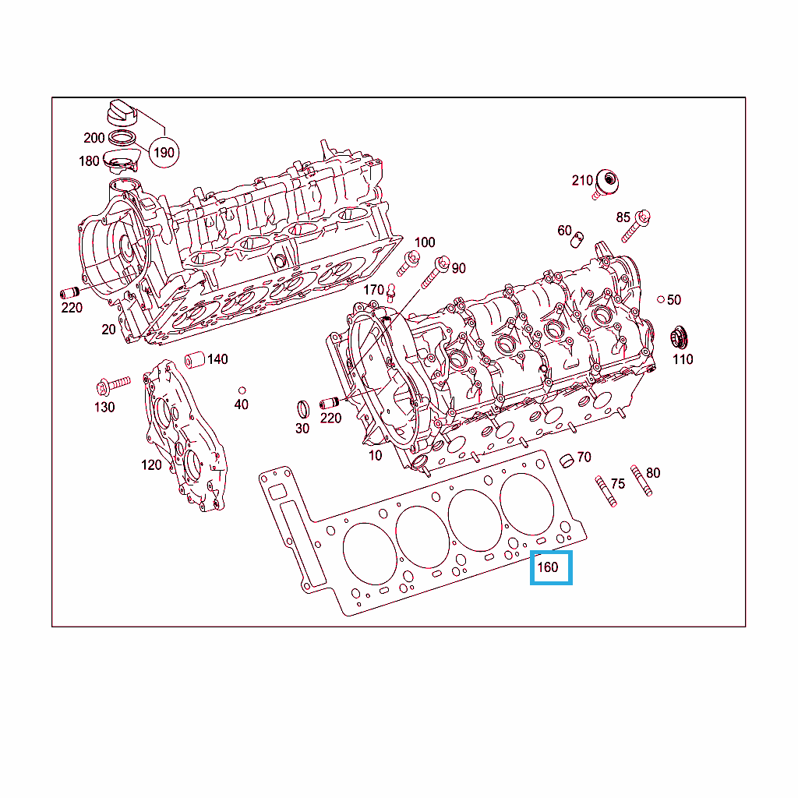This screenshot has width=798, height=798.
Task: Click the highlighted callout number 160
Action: point(548,567)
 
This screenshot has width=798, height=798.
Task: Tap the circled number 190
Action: point(164,152)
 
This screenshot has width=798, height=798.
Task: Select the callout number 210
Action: point(582,180)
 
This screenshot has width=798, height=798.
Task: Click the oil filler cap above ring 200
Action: point(122,113)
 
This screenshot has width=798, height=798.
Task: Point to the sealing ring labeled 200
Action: point(122,137)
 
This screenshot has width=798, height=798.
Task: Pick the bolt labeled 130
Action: point(113,385)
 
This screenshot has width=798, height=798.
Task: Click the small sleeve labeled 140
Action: point(194,359)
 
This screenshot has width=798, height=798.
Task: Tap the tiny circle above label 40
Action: point(242,390)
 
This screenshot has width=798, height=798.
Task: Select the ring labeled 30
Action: point(303,409)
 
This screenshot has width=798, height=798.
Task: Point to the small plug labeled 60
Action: point(577,239)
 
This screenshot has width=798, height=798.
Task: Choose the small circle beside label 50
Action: point(661,299)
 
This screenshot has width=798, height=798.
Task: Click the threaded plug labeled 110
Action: point(680,337)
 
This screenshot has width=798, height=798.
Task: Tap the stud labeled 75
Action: point(606,491)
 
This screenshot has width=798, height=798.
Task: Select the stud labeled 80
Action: point(641,480)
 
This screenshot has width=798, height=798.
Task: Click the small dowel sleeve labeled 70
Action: point(567,460)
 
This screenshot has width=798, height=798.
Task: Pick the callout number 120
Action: point(151,464)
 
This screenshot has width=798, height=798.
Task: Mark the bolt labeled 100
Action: point(408,263)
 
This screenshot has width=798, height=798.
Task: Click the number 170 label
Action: point(373,290)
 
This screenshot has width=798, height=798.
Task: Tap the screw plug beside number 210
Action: point(605,184)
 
